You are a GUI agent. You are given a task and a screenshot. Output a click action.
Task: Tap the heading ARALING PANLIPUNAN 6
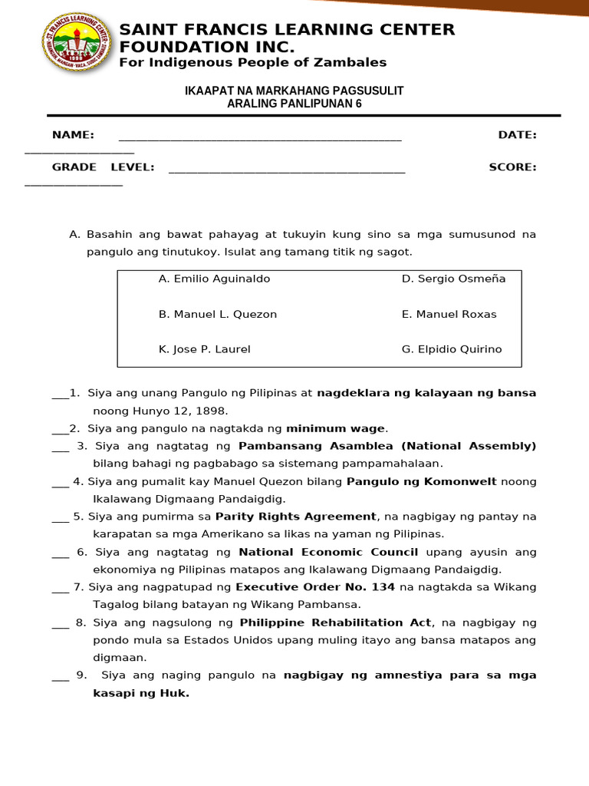pos(294,104)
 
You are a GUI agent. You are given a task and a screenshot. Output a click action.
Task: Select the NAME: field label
pos(73,135)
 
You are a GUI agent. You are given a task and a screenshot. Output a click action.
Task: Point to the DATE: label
pos(517,135)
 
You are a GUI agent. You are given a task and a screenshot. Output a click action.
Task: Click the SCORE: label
pos(512,167)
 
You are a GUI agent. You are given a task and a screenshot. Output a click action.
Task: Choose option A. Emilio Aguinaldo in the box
pos(214,279)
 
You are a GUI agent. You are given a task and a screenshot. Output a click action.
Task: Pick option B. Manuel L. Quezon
pos(217,314)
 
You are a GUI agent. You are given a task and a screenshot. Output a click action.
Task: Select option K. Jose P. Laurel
pos(204,349)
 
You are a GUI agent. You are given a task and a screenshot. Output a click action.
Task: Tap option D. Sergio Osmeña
pos(453,279)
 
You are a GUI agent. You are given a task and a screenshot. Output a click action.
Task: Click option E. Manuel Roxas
pos(449,314)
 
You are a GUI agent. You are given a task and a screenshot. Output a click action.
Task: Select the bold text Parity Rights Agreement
pos(296,517)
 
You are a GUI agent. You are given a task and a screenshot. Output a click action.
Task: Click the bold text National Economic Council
pos(328,552)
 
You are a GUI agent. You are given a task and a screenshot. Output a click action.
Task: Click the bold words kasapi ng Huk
pos(141,693)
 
